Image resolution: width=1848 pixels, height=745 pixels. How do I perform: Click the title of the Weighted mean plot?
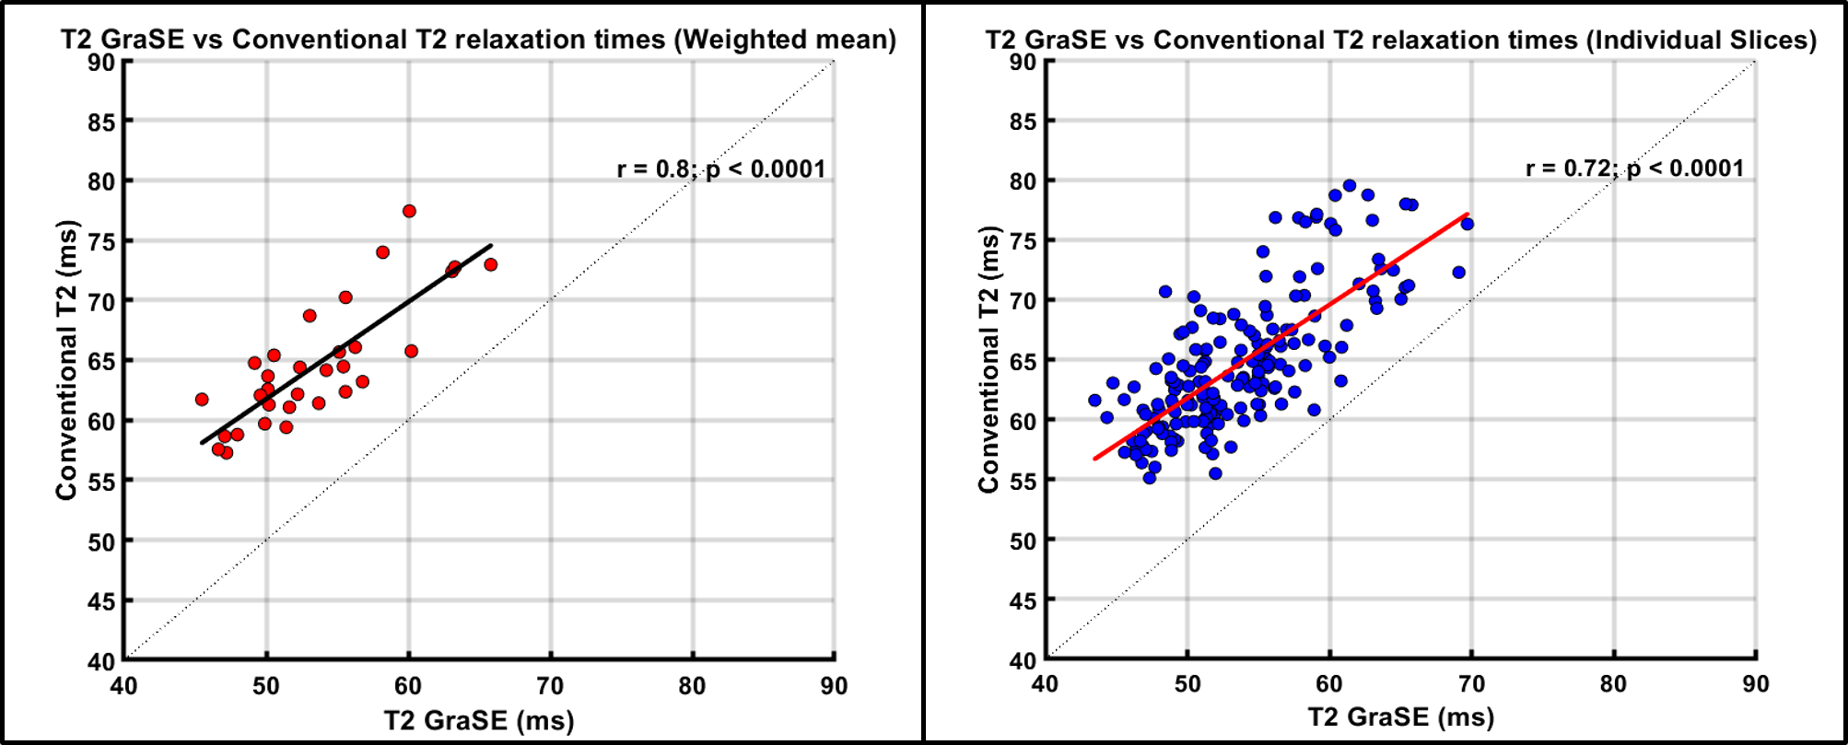click(478, 40)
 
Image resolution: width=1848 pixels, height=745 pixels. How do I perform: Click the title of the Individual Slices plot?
click(1400, 40)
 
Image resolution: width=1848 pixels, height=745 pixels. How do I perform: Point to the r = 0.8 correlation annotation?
click(720, 169)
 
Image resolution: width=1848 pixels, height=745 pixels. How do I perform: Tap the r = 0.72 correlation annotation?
click(1634, 169)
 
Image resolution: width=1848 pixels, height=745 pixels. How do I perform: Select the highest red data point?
click(409, 211)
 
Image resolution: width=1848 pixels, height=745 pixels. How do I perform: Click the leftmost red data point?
click(202, 400)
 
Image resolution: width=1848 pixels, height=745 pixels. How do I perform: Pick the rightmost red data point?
click(490, 264)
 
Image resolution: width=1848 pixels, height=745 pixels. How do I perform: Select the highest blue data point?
click(1350, 186)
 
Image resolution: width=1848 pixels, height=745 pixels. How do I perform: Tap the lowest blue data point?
click(1149, 478)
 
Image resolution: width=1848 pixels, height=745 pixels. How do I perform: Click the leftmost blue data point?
click(1094, 401)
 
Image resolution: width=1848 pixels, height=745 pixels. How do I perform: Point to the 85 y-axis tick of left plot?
click(101, 122)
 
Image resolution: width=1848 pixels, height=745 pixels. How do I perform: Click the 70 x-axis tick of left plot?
click(550, 686)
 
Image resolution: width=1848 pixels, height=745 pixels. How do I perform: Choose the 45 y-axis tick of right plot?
click(1023, 601)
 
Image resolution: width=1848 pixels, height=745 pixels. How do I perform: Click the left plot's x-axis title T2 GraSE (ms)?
click(478, 720)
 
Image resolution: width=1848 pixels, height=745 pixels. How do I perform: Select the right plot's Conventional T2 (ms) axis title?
click(988, 359)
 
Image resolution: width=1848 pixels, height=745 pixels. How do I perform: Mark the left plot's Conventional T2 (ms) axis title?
click(66, 359)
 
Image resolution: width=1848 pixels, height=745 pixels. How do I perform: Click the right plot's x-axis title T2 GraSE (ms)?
click(1400, 717)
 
